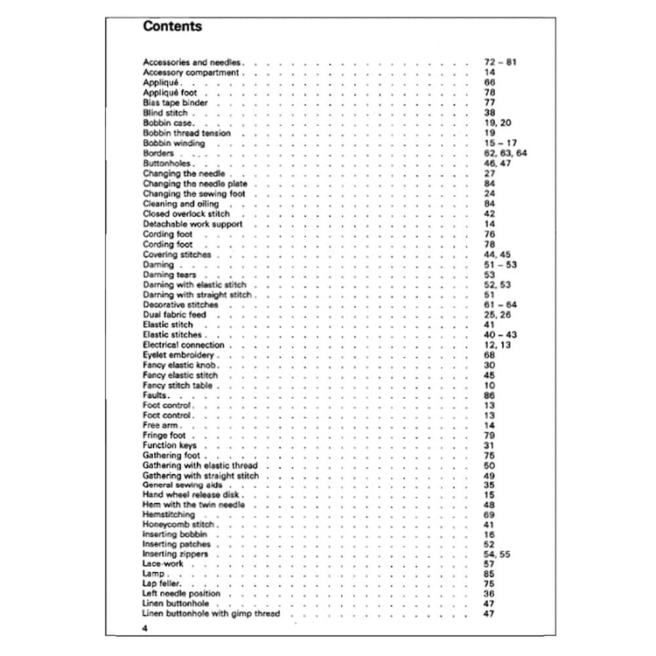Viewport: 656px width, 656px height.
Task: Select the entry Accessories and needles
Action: [x=192, y=64]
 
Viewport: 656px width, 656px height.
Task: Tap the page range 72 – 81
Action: [x=500, y=64]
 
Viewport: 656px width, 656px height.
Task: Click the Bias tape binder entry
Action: [x=175, y=101]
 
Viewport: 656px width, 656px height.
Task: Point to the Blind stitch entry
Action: [x=166, y=114]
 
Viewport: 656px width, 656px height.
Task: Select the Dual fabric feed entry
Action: [x=173, y=313]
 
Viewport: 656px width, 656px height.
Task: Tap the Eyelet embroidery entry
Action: [x=179, y=356]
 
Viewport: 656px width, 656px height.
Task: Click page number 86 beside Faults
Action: [x=490, y=395]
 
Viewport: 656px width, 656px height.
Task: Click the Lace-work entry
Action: [x=164, y=565]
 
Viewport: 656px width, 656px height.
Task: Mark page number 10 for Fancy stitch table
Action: [x=490, y=385]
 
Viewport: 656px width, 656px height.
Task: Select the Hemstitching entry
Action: [x=169, y=515]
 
